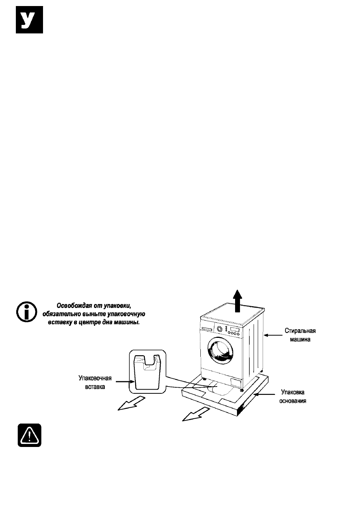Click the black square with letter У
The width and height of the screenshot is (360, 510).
tap(29, 20)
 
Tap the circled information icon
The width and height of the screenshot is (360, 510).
tap(27, 312)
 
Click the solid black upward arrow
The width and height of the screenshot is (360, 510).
tap(237, 301)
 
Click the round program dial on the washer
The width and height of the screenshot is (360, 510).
tap(219, 329)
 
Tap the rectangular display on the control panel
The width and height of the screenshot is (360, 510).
tap(235, 329)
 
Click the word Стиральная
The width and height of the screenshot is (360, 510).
tap(300, 330)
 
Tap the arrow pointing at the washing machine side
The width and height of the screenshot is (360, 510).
tap(273, 335)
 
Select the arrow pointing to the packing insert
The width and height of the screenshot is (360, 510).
tap(125, 381)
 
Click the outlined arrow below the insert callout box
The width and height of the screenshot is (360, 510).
tap(131, 403)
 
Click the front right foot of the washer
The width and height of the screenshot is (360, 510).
tap(242, 390)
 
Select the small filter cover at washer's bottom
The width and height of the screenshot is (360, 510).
tap(236, 382)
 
